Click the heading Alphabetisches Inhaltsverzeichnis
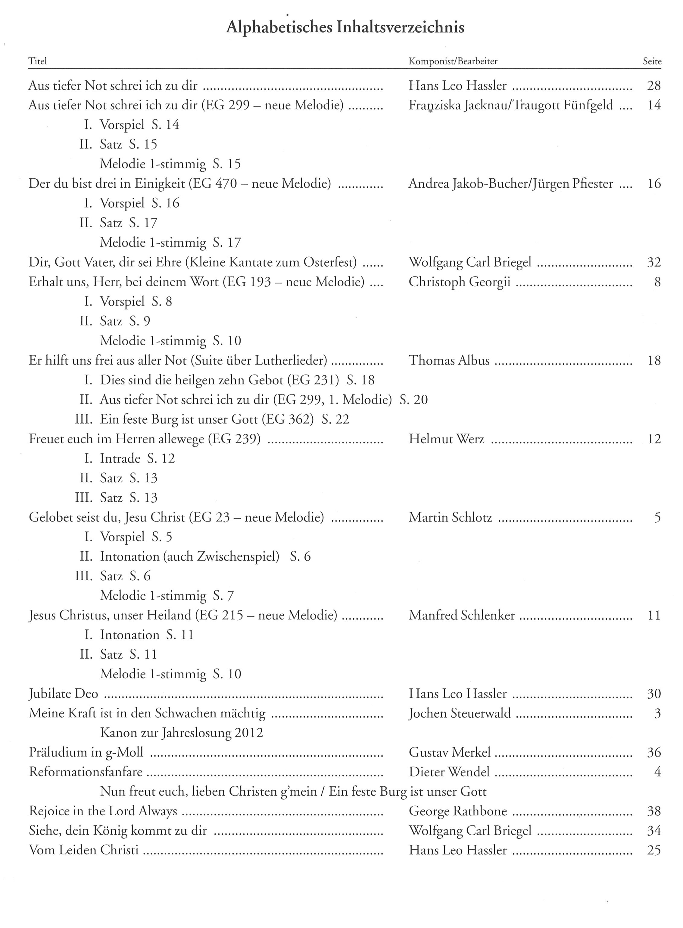[x=345, y=27]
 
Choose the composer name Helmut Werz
[x=447, y=439]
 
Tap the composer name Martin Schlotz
[x=450, y=517]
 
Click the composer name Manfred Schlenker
[x=462, y=615]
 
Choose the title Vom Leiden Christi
[x=83, y=850]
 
